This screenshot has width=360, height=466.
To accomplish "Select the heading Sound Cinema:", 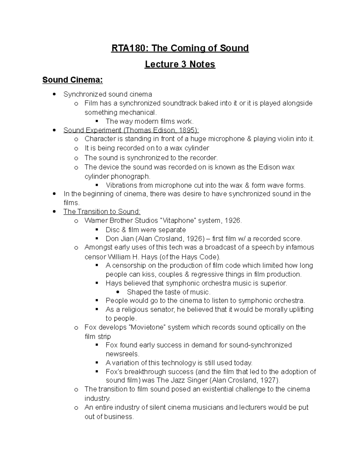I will coord(72,80).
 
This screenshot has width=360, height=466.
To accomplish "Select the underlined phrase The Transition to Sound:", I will coord(102,212).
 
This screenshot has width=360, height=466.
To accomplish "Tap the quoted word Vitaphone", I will coord(179,221).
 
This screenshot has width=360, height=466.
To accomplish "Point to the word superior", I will coord(274,283).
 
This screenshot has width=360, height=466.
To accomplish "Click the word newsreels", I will coord(122,354).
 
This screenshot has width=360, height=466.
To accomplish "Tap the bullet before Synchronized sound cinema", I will coord(54,94).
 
